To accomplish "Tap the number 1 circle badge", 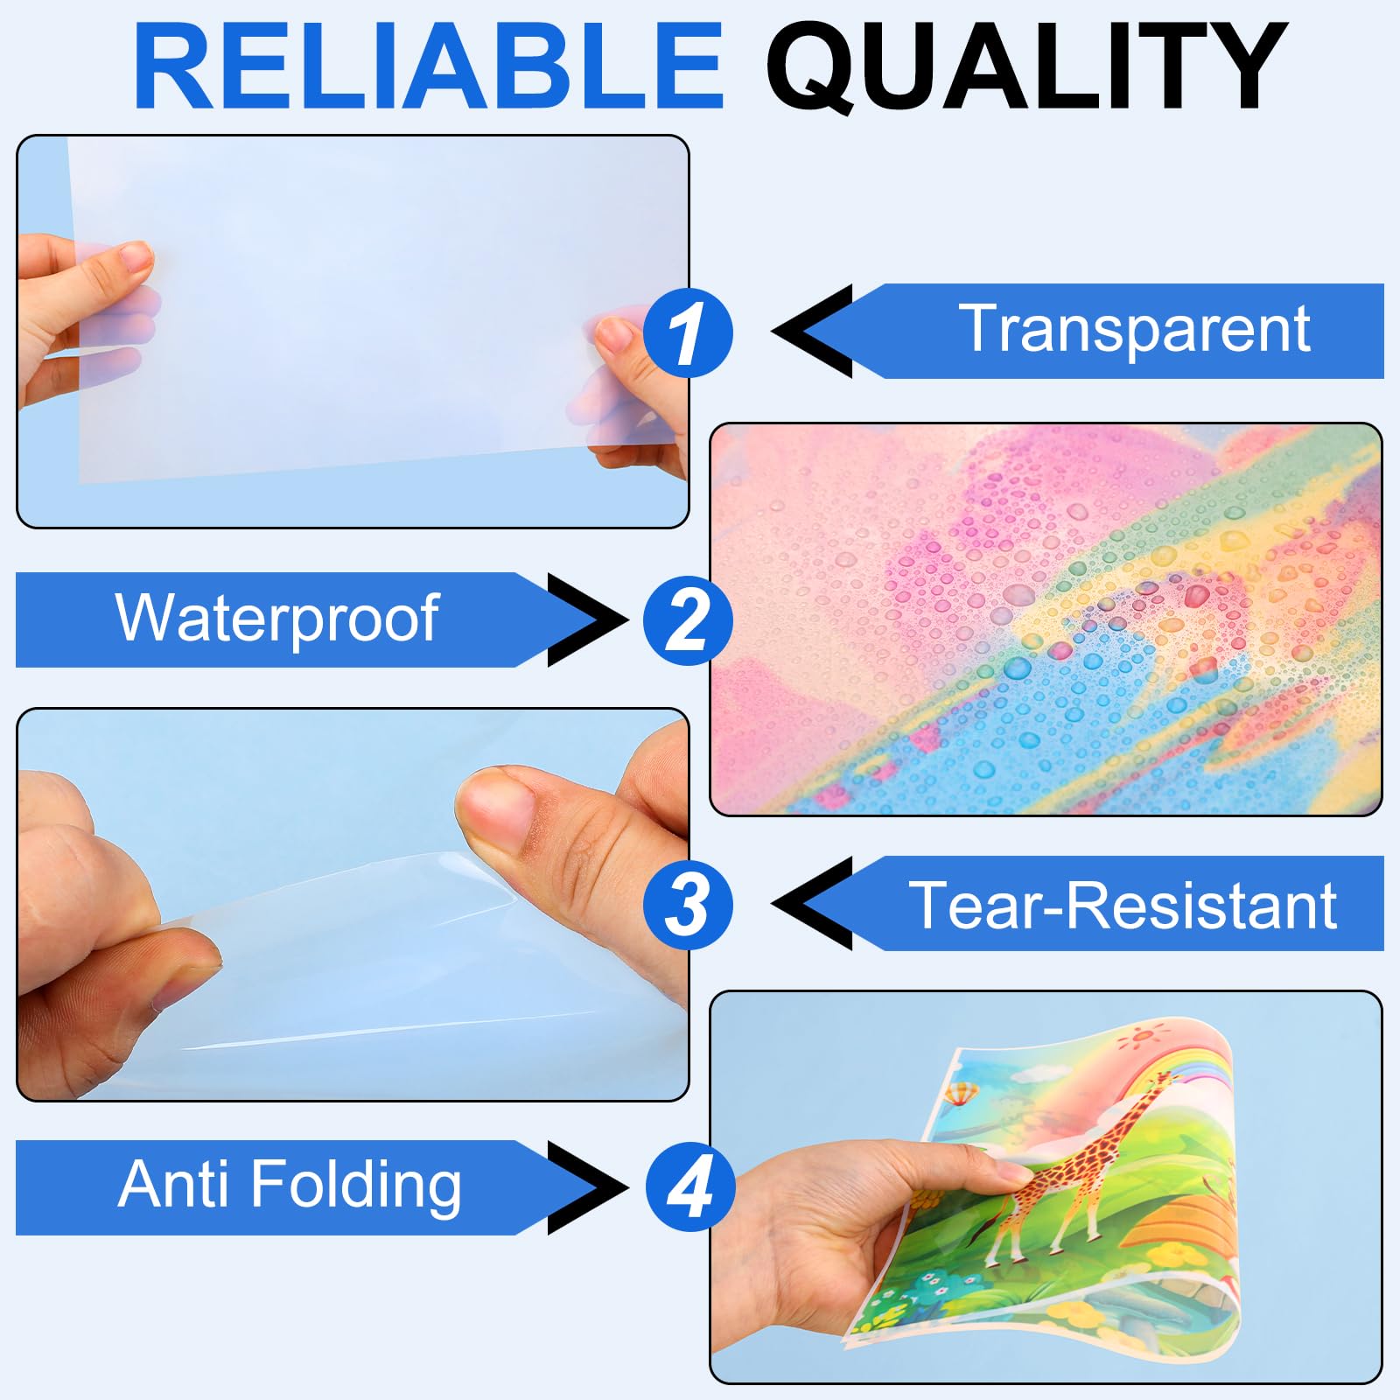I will (688, 333).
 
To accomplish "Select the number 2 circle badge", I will (688, 620).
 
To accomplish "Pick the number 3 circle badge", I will (688, 905).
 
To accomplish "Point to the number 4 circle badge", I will (690, 1187).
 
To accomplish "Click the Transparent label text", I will (1134, 330).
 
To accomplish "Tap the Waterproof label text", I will (276, 619).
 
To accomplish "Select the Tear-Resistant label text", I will (1123, 905).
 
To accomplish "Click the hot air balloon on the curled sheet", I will (960, 1095).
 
